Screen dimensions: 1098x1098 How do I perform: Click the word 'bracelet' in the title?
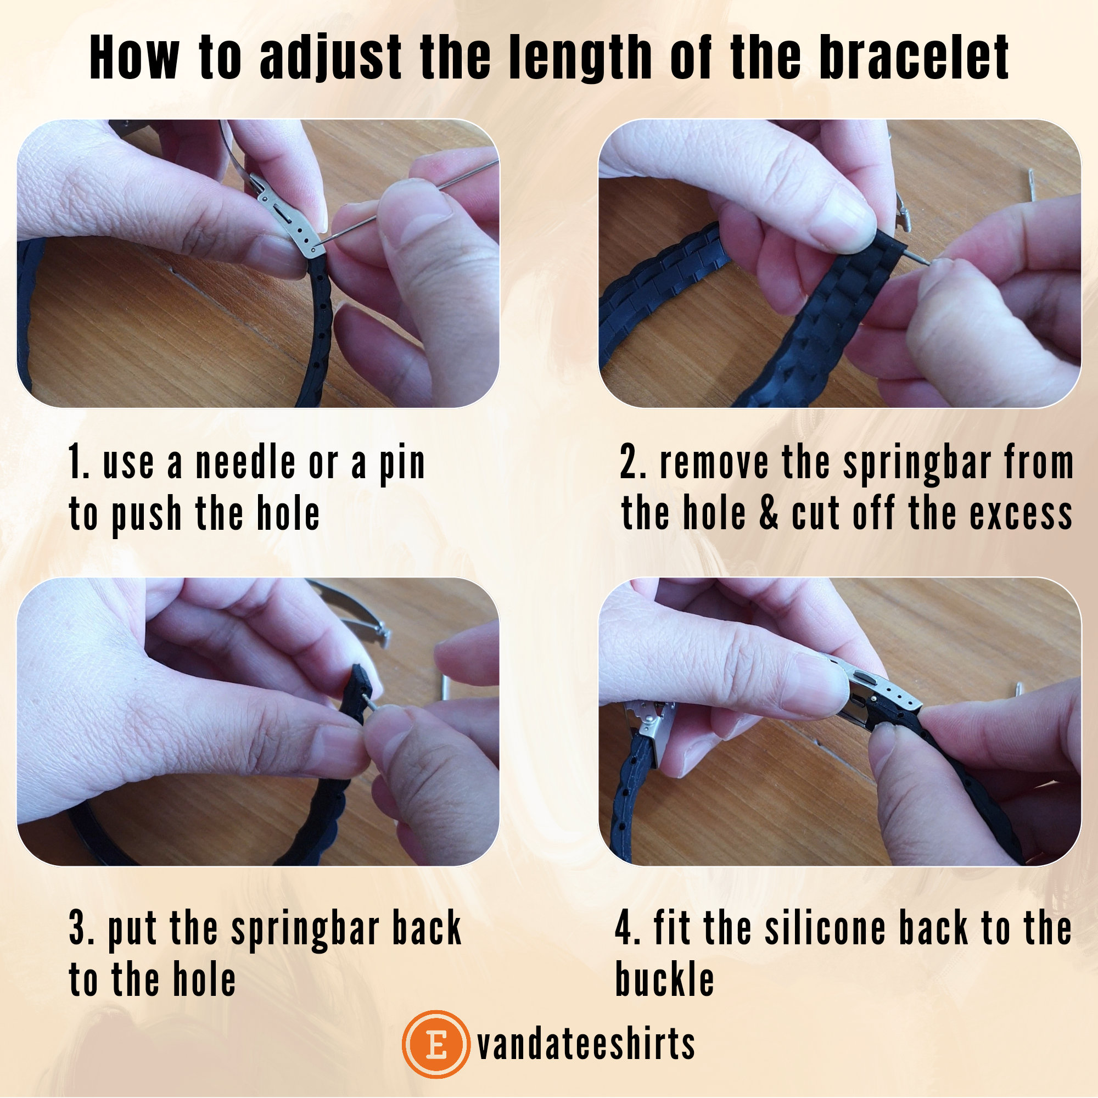pyautogui.click(x=914, y=58)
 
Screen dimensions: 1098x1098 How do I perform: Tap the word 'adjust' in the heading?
pyautogui.click(x=330, y=58)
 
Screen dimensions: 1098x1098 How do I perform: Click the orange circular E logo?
pyautogui.click(x=436, y=1045)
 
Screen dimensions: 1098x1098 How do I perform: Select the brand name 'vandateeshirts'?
pyautogui.click(x=586, y=1045)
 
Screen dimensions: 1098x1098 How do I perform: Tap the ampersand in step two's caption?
pyautogui.click(x=769, y=513)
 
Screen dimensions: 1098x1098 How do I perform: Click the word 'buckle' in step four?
pyautogui.click(x=664, y=979)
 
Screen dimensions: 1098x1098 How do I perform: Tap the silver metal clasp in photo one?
pyautogui.click(x=287, y=219)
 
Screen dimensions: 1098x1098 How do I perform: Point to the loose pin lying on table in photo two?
pyautogui.click(x=1032, y=184)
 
